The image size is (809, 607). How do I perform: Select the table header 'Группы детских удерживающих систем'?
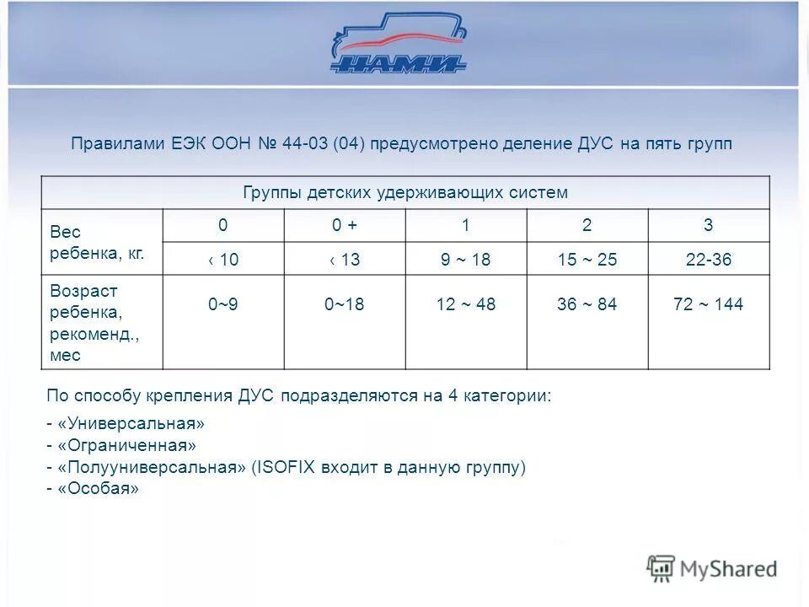pos(405,192)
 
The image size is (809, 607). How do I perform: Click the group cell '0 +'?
pos(345,225)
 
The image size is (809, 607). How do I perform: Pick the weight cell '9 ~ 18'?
pos(465,260)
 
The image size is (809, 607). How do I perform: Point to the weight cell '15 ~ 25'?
pos(587,260)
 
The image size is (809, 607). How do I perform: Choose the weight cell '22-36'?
pos(709,260)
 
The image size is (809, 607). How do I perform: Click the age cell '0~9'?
pos(223,304)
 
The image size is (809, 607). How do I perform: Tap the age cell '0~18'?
pos(345,304)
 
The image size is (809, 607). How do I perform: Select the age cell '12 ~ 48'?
pos(465,304)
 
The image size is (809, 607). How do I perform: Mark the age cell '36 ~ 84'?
pos(587,304)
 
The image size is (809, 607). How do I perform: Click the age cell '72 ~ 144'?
pos(709,304)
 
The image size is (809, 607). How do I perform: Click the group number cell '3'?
pos(709,225)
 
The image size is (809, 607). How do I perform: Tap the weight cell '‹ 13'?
pos(345,260)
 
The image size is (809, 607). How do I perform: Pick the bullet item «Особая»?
pos(97,489)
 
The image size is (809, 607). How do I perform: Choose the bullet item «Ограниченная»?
pos(126,445)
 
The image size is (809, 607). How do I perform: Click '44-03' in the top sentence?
pos(306,144)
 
